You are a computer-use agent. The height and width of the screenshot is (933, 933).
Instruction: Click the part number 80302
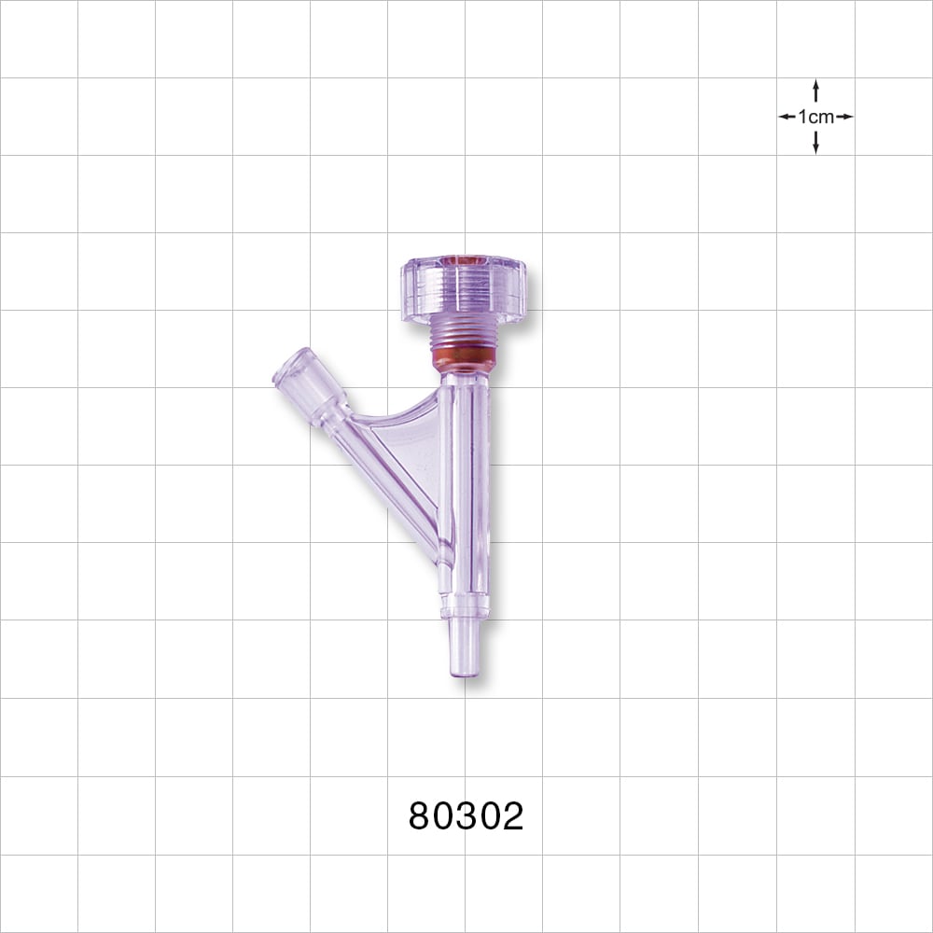[466, 816]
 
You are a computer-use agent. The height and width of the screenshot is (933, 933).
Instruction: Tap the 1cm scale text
[816, 117]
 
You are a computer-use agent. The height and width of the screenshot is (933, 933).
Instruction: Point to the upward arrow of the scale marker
[816, 88]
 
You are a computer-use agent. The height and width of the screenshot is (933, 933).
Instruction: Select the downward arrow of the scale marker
[816, 146]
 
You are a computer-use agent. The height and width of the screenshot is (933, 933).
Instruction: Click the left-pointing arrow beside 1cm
[787, 117]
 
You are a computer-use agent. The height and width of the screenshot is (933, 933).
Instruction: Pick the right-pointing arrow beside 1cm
[845, 117]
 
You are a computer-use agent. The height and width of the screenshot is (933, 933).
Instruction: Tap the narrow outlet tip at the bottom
[464, 648]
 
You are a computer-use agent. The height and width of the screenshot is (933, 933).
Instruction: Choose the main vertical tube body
[464, 485]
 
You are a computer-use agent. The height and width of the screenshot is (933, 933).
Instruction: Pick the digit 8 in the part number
[421, 816]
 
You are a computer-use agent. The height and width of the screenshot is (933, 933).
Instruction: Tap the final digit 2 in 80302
[511, 816]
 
